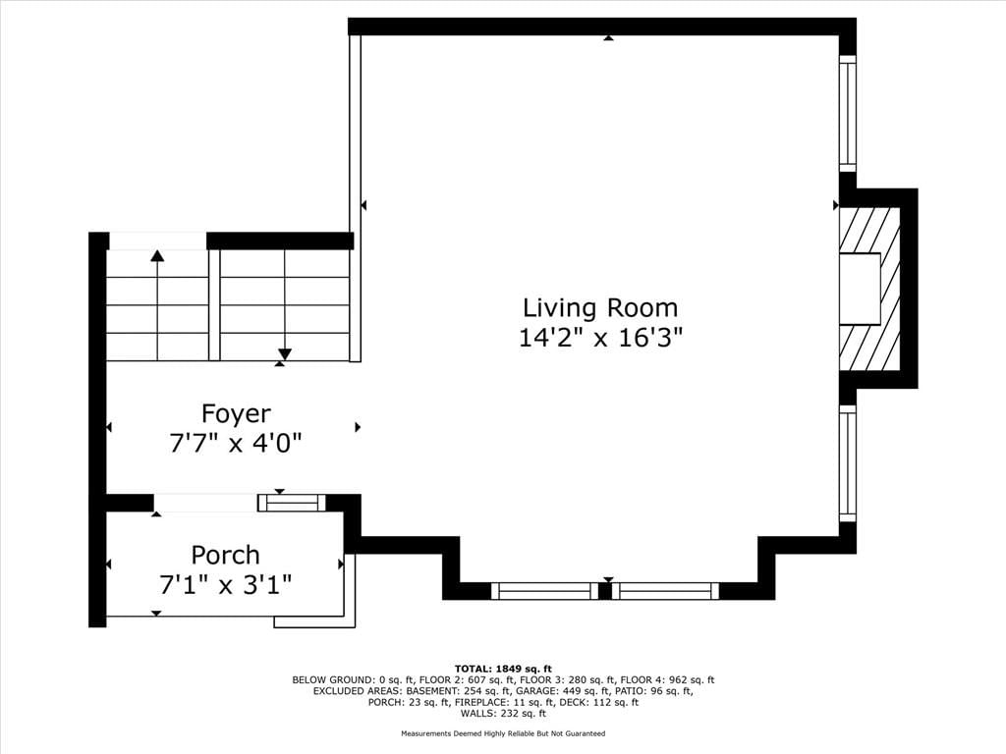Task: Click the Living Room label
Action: pos(600,307)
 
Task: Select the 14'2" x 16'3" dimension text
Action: pos(600,338)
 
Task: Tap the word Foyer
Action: pos(236,414)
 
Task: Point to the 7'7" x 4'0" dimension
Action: pos(236,443)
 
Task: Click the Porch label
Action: pos(225,556)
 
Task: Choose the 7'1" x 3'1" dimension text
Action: pos(225,585)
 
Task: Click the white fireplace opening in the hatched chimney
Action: pos(861,289)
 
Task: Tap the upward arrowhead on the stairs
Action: pos(157,256)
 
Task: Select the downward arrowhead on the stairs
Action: pos(285,354)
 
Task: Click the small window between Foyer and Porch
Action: pos(292,503)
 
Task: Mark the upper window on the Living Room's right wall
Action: pos(848,114)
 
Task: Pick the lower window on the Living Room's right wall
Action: pos(848,463)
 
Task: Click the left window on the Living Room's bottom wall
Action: pos(544,590)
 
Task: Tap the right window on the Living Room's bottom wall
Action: pos(666,590)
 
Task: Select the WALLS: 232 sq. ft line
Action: pos(503,713)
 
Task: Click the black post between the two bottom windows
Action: pos(605,590)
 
